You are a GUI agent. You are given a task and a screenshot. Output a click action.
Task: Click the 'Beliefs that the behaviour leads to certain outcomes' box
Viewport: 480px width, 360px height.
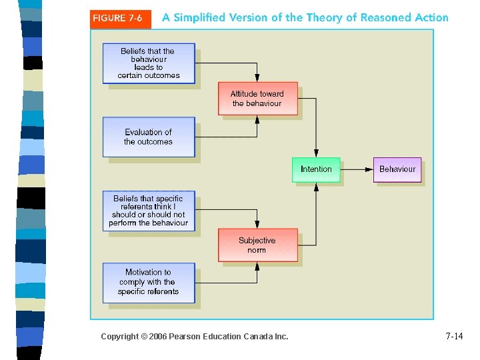[149, 63]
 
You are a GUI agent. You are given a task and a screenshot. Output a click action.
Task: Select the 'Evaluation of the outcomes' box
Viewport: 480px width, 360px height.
[149, 137]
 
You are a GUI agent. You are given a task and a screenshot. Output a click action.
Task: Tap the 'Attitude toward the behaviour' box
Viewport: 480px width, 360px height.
[257, 99]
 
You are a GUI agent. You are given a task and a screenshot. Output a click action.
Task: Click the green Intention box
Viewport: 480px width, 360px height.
[316, 169]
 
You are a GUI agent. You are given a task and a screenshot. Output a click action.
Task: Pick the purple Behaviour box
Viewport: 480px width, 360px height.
[397, 169]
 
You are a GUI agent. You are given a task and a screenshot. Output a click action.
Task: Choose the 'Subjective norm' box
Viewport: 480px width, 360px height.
[257, 245]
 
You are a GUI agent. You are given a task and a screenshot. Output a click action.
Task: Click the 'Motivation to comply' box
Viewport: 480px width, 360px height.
[149, 282]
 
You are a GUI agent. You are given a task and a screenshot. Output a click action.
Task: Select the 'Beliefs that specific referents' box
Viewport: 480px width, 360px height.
[149, 211]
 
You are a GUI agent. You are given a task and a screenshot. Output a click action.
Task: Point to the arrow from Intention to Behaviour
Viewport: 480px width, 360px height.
[357, 169]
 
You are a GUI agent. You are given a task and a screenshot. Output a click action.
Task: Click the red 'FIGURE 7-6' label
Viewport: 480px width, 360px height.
[117, 18]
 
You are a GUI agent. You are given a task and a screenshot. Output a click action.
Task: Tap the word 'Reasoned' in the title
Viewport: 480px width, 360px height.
[385, 18]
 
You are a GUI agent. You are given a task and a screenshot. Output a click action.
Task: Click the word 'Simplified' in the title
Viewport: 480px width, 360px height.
[199, 18]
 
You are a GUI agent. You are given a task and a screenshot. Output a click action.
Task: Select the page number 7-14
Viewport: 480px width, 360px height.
[454, 337]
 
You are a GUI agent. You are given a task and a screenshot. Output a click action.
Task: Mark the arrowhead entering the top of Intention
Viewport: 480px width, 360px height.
[316, 154]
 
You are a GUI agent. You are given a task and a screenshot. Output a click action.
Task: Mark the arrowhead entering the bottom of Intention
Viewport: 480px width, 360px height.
[316, 185]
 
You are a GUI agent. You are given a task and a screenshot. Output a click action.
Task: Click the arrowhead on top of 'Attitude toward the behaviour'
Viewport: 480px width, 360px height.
[257, 79]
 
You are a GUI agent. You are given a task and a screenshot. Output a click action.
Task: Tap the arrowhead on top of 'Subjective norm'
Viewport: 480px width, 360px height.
[257, 225]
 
